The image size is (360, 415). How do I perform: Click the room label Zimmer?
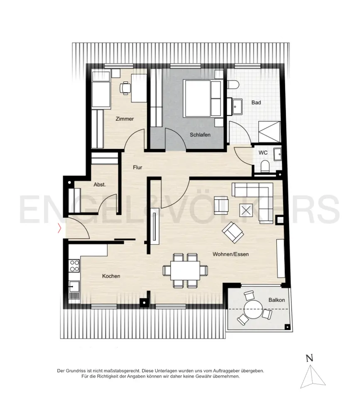tap(125, 119)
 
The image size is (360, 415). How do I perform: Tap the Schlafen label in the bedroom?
tap(200, 135)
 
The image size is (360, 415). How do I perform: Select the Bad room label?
tap(256, 103)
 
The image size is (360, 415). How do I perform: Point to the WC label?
tap(263, 153)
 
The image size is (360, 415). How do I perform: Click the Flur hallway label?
tap(137, 167)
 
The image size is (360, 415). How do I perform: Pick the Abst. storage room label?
tap(100, 185)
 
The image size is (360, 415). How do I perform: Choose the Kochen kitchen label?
tap(111, 276)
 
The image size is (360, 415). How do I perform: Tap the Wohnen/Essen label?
tap(230, 254)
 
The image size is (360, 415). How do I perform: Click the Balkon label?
tap(277, 300)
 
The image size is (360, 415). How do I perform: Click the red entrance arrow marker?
tap(60, 228)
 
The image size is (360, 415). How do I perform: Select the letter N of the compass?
tap(309, 358)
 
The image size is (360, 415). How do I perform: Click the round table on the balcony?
tap(253, 310)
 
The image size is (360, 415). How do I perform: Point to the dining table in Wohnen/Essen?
tap(185, 271)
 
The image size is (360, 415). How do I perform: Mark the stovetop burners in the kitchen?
tap(74, 266)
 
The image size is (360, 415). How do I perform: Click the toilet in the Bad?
tap(233, 85)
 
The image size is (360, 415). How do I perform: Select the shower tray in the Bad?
tap(269, 132)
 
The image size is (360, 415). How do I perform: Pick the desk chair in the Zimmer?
tap(125, 88)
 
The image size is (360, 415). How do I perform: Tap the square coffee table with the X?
tap(246, 211)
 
